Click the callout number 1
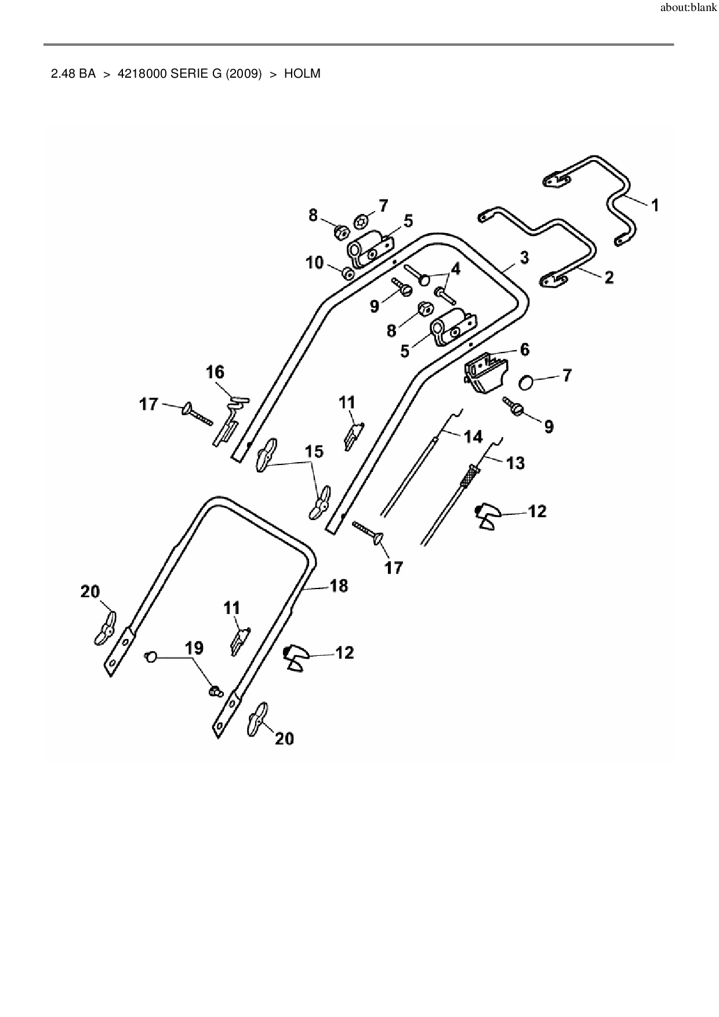655,205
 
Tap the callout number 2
609,277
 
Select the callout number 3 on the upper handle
524,257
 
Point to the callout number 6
524,349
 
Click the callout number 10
314,263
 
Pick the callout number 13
515,463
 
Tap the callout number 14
474,436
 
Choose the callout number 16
215,372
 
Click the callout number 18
339,586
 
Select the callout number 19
194,648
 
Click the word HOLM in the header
302,74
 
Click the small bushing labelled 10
348,273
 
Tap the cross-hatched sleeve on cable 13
467,476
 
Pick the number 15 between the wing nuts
314,451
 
